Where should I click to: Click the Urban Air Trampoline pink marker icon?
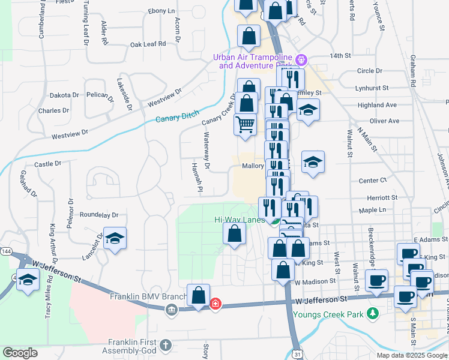coord(302,61)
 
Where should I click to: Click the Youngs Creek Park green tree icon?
coord(373,313)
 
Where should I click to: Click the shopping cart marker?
coord(246,125)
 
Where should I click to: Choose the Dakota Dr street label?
coord(64,95)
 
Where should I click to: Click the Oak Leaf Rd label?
coord(148,44)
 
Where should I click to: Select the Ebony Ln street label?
coord(161,11)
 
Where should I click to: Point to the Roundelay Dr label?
coord(99,214)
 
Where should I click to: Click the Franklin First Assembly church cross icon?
coord(166,346)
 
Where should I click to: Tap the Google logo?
coord(20,353)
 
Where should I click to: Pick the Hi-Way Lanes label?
coord(240,220)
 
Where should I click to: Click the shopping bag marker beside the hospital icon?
coord(198,295)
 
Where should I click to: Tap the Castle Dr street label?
coord(48,163)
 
